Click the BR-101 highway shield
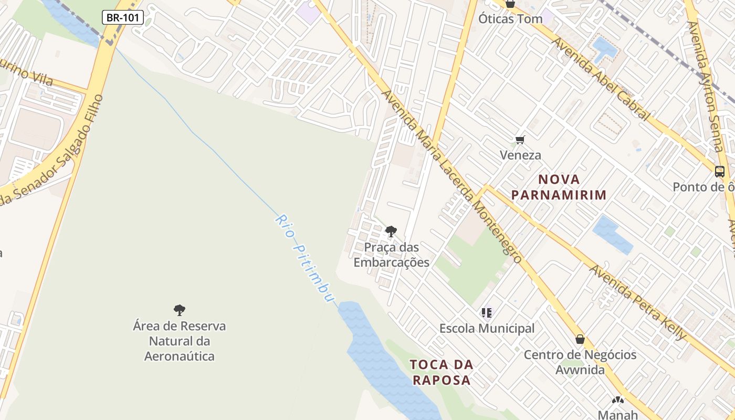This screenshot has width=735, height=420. tap(122, 17)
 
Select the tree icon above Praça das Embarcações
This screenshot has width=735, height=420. tap(391, 231)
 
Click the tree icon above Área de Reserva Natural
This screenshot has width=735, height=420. tap(180, 310)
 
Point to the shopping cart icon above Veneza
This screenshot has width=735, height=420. tap(520, 140)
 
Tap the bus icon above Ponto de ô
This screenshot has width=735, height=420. tap(719, 171)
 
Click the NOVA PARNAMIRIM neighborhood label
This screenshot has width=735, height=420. tap(559, 187)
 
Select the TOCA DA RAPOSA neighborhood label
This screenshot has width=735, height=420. tap(442, 372)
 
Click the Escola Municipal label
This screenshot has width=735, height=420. tap(487, 329)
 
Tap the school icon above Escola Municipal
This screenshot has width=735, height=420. tap(487, 313)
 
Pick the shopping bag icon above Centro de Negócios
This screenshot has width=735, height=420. tap(580, 339)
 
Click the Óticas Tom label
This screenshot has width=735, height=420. tap(510, 19)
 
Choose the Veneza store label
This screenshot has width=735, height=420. tap(520, 155)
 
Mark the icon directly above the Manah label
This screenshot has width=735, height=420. tap(618, 400)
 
